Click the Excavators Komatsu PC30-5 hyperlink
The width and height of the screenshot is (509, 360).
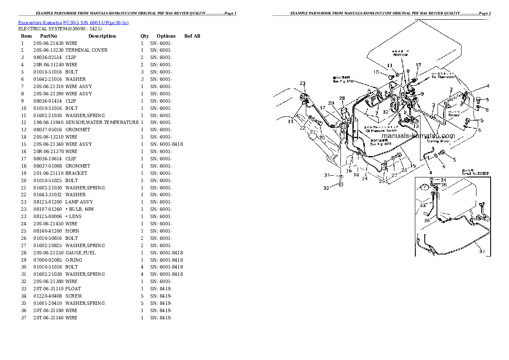pos(74,22)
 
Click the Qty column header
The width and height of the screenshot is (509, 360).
pos(145,36)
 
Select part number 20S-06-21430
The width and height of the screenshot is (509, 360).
pos(48,43)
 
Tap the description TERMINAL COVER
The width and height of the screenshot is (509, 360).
pos(86,50)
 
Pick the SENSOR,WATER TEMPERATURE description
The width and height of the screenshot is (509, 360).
pos(102,123)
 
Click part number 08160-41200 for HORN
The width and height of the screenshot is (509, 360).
pos(48,231)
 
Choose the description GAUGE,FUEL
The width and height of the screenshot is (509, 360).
pos(80,253)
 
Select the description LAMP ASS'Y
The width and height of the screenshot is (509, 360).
pos(79,202)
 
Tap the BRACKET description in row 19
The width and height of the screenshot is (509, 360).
pos(76,173)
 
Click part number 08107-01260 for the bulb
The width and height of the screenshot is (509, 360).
pos(48,209)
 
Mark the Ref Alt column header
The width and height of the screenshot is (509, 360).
pos(192,36)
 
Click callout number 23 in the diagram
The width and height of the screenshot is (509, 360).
pos(302,83)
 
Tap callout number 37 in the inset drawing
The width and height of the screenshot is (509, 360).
pos(482,251)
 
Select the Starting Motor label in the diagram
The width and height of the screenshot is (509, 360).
pos(438,141)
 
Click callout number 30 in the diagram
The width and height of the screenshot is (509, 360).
pos(326,188)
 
